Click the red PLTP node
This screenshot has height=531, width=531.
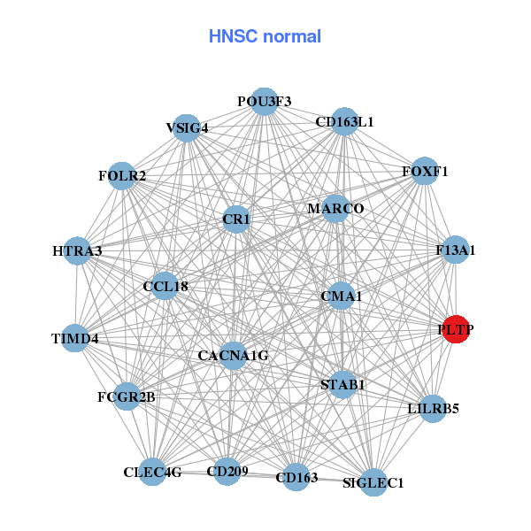[456, 329]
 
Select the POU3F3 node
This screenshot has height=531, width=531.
[264, 101]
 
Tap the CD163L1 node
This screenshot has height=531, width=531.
[344, 122]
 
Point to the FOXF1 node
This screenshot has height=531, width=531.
[425, 171]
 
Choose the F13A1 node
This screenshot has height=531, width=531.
[456, 250]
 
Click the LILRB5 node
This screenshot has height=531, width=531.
[433, 409]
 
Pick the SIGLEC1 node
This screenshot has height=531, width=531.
[373, 482]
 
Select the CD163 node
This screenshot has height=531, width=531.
[296, 478]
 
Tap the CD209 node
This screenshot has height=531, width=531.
[227, 471]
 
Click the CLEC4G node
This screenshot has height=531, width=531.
[152, 472]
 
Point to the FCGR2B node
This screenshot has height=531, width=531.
[127, 396]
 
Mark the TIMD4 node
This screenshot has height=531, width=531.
[75, 338]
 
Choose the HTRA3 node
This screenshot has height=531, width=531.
[77, 251]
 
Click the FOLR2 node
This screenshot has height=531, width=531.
[123, 175]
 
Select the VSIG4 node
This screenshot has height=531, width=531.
[187, 127]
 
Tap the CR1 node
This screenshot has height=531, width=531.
[236, 218]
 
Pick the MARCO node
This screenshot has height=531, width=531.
[335, 209]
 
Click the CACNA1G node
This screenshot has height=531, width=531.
[233, 356]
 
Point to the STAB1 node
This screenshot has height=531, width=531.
[342, 384]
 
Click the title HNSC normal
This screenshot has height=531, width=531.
[265, 36]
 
